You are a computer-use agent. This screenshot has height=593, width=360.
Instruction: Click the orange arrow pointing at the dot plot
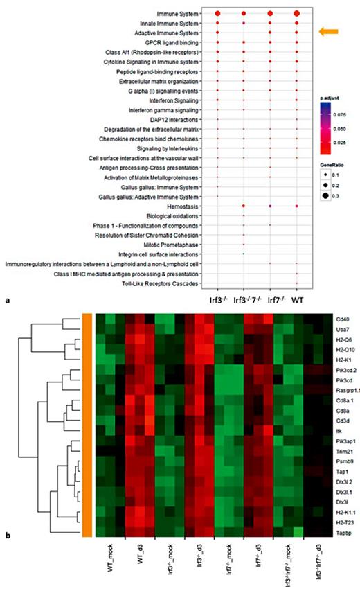(x=328, y=32)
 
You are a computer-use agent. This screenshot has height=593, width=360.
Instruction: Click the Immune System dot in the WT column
(x=296, y=14)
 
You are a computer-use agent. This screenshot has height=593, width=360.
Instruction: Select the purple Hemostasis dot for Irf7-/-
(x=270, y=206)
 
